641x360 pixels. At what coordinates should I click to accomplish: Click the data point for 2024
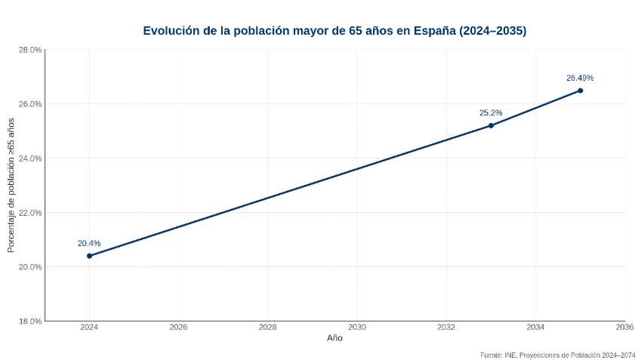tap(89, 256)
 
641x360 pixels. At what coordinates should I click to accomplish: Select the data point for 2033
tap(491, 125)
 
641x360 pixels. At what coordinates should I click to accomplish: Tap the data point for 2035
tap(580, 91)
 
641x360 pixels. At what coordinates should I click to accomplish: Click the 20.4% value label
tap(89, 244)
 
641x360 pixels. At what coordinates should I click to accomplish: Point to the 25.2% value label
tap(491, 113)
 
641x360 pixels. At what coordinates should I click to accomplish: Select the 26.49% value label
tap(580, 78)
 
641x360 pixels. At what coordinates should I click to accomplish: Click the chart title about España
tap(334, 31)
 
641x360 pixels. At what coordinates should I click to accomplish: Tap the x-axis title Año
tap(334, 339)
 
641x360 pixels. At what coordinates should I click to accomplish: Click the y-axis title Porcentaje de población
tap(11, 185)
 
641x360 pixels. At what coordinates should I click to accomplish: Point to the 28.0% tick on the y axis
tap(29, 50)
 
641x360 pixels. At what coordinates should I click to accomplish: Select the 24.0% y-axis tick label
tap(29, 158)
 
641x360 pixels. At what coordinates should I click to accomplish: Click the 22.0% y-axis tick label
tap(29, 213)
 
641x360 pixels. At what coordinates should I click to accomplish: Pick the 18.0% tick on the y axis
tap(29, 322)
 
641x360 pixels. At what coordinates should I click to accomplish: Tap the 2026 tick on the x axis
tap(178, 328)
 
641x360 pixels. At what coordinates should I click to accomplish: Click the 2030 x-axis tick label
tap(357, 328)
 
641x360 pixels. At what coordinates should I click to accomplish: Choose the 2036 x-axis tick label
tap(624, 328)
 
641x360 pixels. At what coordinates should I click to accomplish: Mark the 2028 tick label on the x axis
tap(267, 328)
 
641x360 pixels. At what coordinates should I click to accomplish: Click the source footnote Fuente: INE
tap(557, 354)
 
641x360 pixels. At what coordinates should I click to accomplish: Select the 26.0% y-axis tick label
tap(29, 104)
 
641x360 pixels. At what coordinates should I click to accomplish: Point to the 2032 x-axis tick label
tap(446, 328)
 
